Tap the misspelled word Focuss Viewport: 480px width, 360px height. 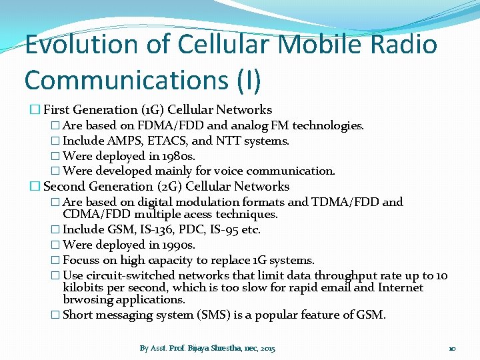[81, 260]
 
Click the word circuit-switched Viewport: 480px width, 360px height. [131, 275]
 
